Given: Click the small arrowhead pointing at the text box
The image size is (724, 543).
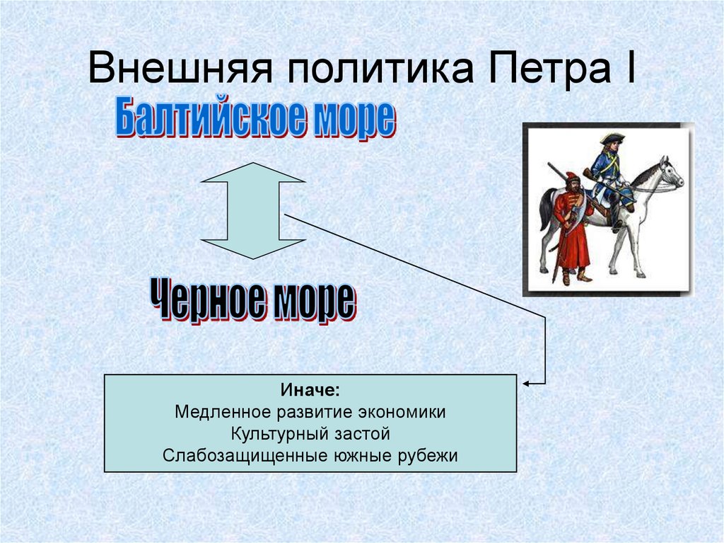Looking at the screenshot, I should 527,383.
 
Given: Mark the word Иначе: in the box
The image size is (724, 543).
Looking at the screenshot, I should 310,391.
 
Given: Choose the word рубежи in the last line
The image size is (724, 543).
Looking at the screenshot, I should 430,455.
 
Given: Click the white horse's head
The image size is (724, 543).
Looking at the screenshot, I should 670,171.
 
